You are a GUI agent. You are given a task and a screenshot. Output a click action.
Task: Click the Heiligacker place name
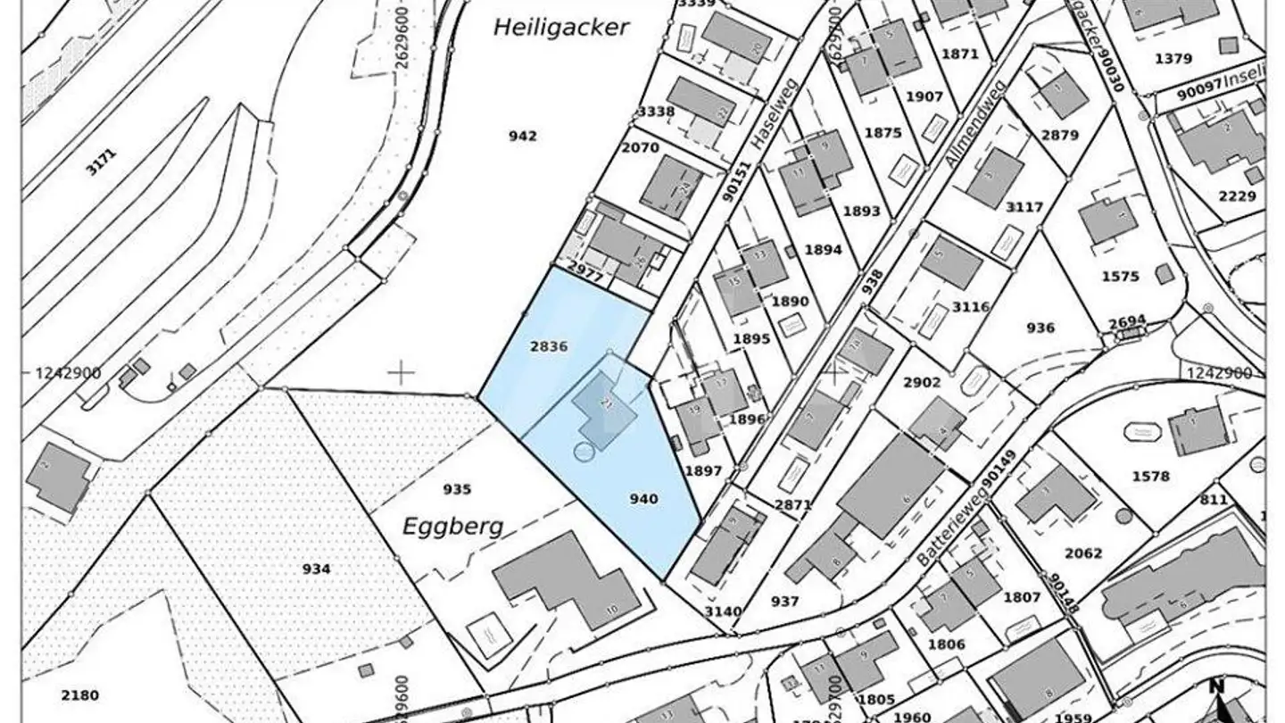pos(561,28)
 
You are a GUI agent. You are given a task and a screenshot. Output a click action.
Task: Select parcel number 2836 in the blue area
pos(549,347)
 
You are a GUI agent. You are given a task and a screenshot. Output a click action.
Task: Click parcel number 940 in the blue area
pos(643,499)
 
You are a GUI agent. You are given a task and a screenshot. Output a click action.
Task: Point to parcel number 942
pos(523,136)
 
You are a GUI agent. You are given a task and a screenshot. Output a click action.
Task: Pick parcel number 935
pos(456,488)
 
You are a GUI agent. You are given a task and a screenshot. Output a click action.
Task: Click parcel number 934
pos(316,569)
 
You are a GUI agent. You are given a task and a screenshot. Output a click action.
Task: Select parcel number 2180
pos(80,695)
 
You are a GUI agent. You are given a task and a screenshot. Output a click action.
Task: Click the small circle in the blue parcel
pos(583,453)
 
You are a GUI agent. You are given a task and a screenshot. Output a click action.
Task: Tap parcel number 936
pos(1040,328)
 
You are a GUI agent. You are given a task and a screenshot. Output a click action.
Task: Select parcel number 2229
pos(1237,196)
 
